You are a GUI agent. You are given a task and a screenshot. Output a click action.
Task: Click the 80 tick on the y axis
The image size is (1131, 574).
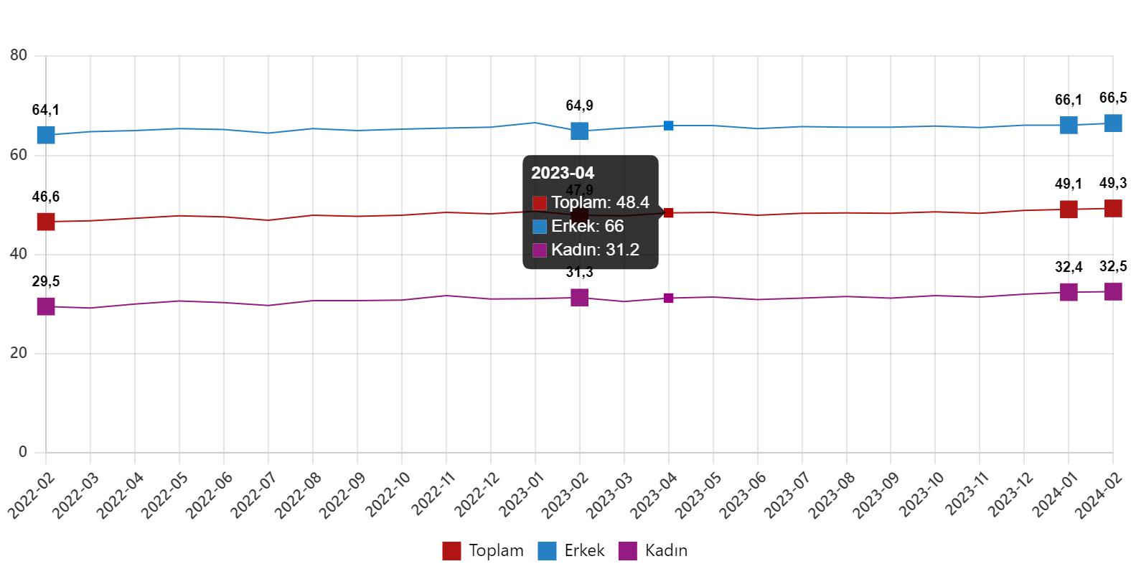pos(19,55)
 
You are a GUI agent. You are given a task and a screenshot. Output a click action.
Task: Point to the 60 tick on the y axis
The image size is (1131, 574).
pos(19,154)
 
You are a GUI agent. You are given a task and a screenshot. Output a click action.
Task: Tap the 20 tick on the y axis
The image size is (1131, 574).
pos(19,352)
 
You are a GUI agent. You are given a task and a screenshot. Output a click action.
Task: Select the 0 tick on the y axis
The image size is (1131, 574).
pos(23,451)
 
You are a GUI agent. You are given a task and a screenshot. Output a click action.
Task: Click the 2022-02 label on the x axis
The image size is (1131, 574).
pos(32,495)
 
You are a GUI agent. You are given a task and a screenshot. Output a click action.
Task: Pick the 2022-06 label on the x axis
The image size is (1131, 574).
pos(210,495)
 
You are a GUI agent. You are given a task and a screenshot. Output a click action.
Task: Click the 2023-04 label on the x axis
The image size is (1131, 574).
pos(654,495)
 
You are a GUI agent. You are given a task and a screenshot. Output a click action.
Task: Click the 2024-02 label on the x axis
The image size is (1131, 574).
pos(1099,495)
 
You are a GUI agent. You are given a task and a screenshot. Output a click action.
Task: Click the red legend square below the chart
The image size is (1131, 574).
pos(451,551)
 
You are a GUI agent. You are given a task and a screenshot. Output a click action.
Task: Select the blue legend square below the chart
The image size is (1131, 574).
pos(547,551)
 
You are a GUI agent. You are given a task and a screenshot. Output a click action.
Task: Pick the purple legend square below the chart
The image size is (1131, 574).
pos(627,551)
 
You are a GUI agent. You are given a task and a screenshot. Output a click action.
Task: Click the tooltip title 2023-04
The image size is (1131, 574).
pos(563,173)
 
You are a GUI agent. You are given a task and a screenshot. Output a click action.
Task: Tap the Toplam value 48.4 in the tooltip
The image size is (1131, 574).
pos(632,202)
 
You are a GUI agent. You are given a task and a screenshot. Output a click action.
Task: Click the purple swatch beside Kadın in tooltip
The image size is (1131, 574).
pos(540,250)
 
